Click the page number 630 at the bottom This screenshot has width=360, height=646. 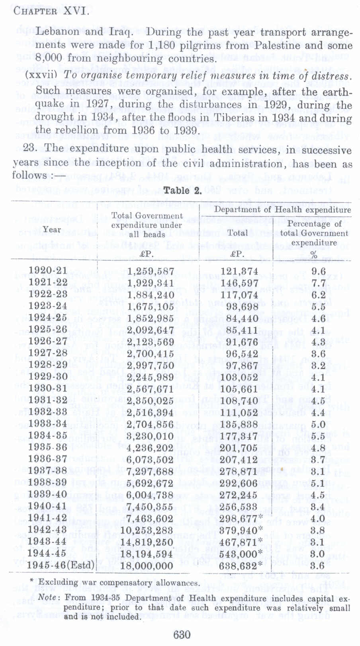coord(182,634)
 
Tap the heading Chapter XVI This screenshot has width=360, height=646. coord(51,11)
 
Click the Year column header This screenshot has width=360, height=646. coord(52,230)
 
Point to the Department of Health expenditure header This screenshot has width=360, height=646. coord(282,210)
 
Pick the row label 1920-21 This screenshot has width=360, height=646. coord(48,271)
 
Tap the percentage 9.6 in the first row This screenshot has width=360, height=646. coord(318,271)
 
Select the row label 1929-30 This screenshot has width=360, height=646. coord(48,377)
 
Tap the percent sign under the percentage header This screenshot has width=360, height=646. coord(314,255)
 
